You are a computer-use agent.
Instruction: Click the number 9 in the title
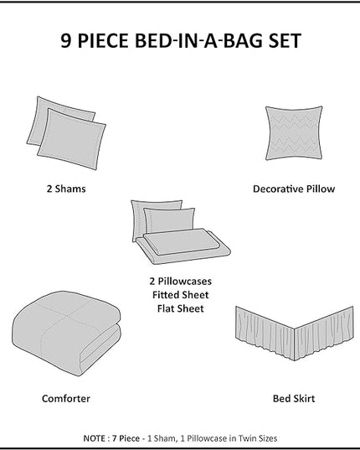[65, 40]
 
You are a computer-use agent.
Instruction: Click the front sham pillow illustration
[72, 139]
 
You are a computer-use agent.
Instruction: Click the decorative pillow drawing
[294, 133]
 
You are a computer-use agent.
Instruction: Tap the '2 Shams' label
[66, 189]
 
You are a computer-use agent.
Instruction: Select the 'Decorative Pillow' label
[294, 189]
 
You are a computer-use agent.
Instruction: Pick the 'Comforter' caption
[66, 398]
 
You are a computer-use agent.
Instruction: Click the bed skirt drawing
[295, 334]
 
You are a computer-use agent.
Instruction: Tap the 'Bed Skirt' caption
[294, 398]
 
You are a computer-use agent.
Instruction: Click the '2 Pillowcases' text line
[181, 281]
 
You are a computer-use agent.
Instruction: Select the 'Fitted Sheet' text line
[181, 295]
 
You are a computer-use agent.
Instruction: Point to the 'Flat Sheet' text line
[181, 308]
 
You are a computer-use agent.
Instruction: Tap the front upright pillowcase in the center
[169, 220]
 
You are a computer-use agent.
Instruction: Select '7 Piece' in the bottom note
[126, 438]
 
